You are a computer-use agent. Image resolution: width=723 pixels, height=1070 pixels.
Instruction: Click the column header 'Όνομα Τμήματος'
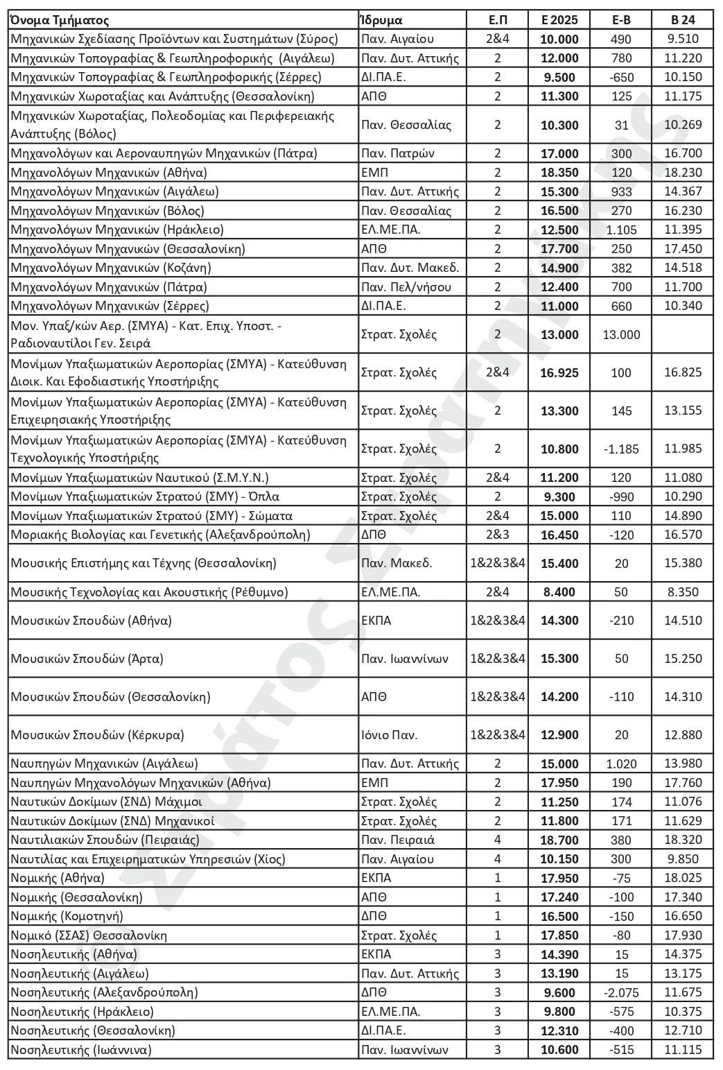(x=60, y=20)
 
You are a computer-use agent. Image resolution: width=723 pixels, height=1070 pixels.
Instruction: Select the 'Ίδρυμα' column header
(x=381, y=20)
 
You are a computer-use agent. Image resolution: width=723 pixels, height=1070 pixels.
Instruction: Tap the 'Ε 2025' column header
(x=559, y=20)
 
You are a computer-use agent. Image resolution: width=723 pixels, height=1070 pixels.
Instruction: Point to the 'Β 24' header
(x=682, y=20)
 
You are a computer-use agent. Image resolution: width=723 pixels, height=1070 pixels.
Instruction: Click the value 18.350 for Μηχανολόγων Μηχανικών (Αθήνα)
(x=559, y=173)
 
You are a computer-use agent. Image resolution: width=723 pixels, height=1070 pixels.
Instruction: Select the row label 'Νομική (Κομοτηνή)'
(x=67, y=916)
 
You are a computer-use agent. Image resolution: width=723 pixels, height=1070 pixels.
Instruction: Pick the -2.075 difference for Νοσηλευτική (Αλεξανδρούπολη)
(x=621, y=992)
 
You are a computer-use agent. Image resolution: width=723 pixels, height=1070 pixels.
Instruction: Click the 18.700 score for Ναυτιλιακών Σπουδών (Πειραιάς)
(x=559, y=840)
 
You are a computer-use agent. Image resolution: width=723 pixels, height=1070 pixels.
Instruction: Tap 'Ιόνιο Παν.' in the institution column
(x=389, y=735)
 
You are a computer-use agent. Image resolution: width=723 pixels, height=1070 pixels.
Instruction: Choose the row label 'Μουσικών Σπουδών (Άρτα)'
(x=87, y=659)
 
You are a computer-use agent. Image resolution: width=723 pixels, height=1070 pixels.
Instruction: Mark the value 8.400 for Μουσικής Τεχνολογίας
(x=559, y=592)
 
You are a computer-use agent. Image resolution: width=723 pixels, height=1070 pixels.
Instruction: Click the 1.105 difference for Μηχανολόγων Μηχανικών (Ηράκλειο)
(x=621, y=230)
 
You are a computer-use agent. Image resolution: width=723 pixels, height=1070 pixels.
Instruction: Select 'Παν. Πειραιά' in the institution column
(x=398, y=840)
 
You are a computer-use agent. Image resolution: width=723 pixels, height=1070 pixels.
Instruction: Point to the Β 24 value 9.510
(x=682, y=39)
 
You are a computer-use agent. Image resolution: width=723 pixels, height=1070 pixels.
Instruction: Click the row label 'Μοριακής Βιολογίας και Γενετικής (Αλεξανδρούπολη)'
(x=160, y=535)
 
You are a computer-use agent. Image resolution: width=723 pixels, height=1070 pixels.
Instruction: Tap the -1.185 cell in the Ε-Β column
(x=621, y=449)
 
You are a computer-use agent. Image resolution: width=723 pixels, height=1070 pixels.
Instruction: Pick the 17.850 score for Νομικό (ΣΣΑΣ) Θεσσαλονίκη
(x=559, y=935)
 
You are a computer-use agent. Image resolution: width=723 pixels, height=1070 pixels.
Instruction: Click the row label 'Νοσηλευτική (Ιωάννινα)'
(x=80, y=1050)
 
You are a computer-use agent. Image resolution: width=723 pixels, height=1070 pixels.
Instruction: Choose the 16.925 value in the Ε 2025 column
(x=559, y=373)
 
